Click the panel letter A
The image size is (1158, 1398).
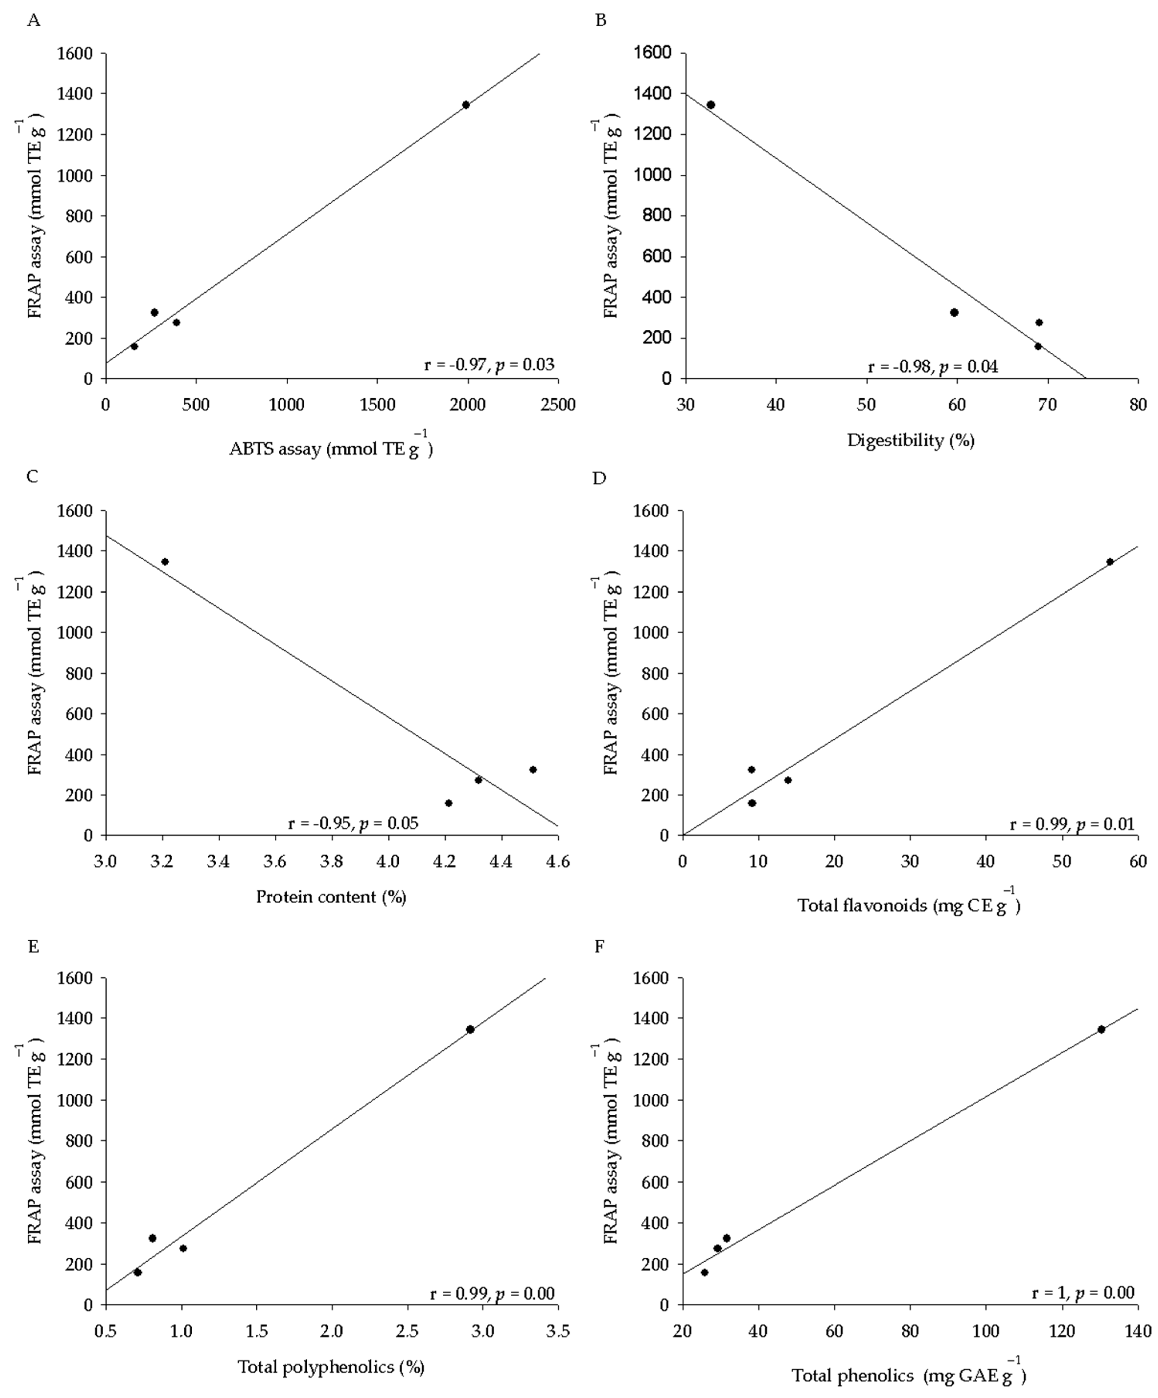(33, 21)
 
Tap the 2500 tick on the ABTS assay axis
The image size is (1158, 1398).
(558, 404)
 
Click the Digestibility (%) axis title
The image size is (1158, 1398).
(910, 440)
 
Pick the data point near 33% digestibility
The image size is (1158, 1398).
(710, 105)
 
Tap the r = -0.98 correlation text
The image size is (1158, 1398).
(932, 366)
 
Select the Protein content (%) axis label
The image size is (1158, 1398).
(331, 897)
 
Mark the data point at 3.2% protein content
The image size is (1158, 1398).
(165, 561)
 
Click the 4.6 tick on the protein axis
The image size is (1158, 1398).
(558, 861)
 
